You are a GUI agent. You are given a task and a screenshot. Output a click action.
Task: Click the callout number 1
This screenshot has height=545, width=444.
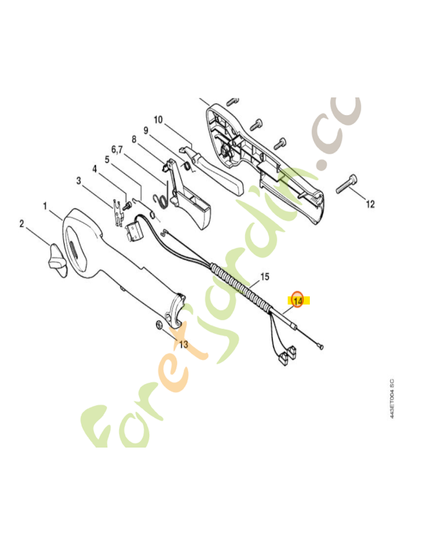click(x=45, y=205)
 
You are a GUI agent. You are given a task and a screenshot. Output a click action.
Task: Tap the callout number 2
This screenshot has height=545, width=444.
click(x=22, y=223)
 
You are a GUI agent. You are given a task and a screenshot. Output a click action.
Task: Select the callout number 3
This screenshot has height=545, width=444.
click(x=79, y=181)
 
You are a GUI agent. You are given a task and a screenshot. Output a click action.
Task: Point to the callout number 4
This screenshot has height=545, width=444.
click(x=95, y=168)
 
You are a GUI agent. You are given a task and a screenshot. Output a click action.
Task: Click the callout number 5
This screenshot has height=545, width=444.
click(x=107, y=159)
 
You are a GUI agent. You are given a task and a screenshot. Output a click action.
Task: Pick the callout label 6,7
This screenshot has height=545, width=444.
click(x=118, y=149)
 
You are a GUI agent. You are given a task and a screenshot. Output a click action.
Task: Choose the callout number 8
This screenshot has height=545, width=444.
click(x=134, y=140)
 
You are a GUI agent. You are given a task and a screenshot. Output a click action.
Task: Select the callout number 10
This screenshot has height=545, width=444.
click(x=158, y=120)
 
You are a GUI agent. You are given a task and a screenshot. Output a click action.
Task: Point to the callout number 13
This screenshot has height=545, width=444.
click(x=183, y=344)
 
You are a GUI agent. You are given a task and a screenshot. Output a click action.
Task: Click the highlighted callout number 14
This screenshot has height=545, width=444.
click(x=298, y=300)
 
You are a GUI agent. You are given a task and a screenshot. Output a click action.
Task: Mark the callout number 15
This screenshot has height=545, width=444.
click(x=265, y=277)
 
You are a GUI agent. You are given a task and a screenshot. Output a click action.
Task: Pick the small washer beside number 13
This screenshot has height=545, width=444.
click(x=159, y=323)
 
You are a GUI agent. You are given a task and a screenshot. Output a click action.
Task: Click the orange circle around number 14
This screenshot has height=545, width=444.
click(x=297, y=298)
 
